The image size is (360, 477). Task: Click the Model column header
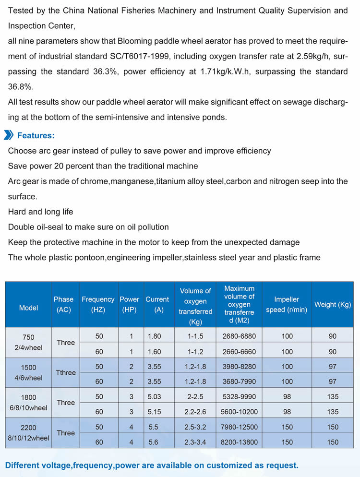coord(28,308)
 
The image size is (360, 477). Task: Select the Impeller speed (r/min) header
coord(287,304)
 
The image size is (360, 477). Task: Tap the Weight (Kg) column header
coord(333,305)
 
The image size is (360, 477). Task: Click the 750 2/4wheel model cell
coord(28,342)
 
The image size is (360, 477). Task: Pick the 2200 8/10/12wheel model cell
coord(28,432)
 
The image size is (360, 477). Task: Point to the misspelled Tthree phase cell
coord(66,372)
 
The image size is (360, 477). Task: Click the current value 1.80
coord(155,336)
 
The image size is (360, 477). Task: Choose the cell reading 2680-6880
coord(239,336)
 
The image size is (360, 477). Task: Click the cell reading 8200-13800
coord(239,442)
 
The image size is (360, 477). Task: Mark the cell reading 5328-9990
coord(239,396)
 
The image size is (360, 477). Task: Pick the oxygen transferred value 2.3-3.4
coord(195,442)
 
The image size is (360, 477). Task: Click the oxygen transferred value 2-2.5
coord(195,396)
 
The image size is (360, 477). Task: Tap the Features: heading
coord(36,136)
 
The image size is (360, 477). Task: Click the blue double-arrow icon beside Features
coord(9,135)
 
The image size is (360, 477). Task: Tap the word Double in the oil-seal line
coord(21,227)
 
